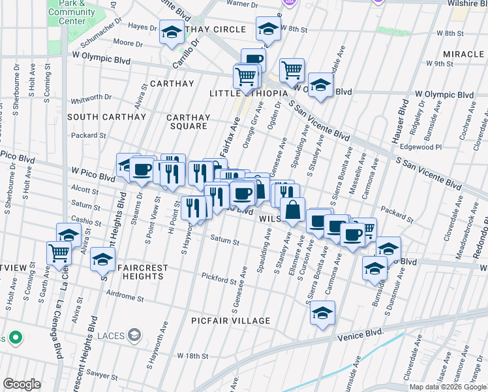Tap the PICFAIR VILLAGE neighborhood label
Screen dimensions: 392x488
(x=230, y=321)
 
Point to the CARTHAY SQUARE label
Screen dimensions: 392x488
(x=189, y=122)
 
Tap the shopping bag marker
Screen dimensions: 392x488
(x=293, y=210)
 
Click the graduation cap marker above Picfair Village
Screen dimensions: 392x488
(x=322, y=313)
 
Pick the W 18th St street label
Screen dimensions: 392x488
(x=192, y=356)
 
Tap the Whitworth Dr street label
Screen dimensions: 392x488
(x=91, y=97)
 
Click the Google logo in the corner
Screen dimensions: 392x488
(x=22, y=384)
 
